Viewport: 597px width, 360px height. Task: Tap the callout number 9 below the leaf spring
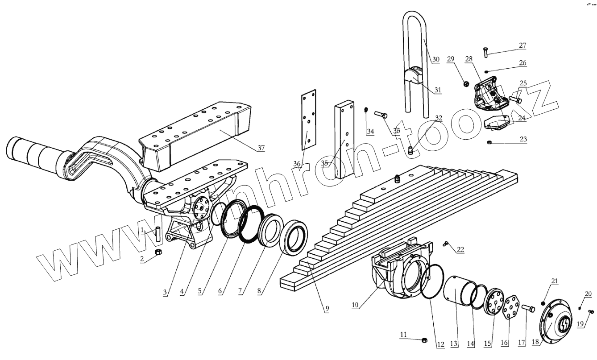[x=327, y=309]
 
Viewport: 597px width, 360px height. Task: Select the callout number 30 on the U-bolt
[x=436, y=59]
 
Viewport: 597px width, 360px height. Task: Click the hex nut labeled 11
[x=424, y=341]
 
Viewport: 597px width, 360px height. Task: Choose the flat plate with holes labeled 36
[x=308, y=118]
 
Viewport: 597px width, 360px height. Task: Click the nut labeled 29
[x=464, y=83]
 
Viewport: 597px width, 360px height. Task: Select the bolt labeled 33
[x=380, y=114]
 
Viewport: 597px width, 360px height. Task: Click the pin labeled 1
[x=158, y=234]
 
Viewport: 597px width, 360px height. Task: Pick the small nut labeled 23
[x=489, y=142]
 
